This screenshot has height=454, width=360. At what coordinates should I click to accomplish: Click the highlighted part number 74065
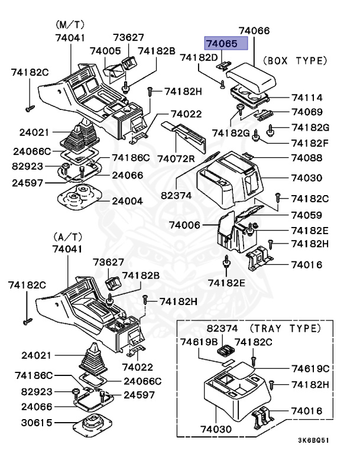[220, 43]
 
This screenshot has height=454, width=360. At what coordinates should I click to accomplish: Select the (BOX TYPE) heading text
[294, 60]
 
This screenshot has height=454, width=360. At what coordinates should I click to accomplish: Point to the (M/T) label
[70, 25]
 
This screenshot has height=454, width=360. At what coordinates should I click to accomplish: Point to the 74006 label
[184, 225]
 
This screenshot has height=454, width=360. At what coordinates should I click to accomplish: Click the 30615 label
[37, 423]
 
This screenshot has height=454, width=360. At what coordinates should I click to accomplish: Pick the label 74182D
[199, 57]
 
